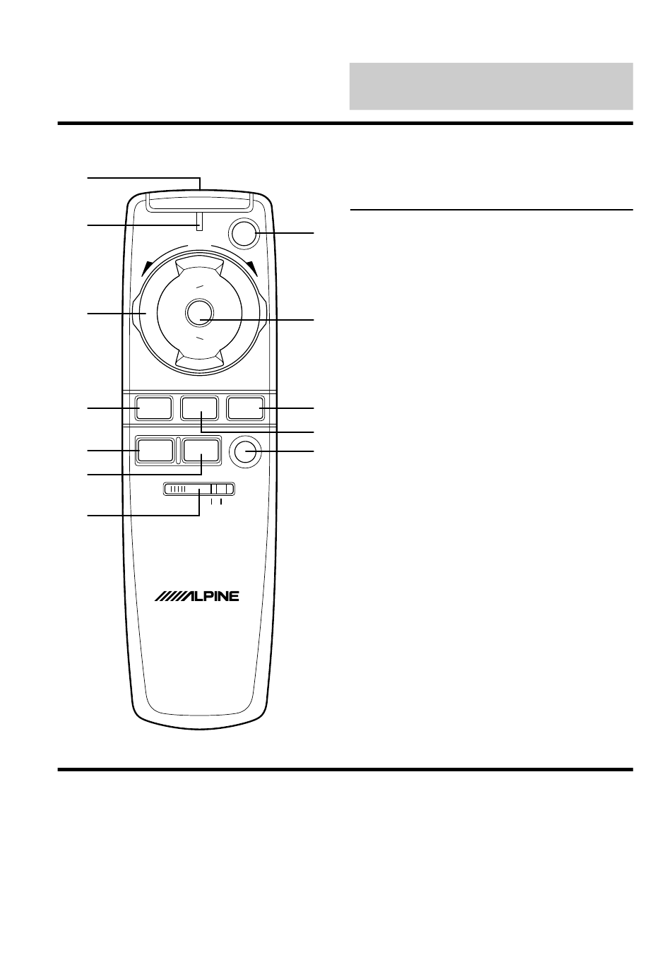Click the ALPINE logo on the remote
pos(196,596)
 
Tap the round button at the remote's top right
pos(244,233)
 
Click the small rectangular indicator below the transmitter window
pos(199,221)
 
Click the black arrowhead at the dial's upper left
pos(147,269)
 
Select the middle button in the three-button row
pos(199,408)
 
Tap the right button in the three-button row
pos(245,408)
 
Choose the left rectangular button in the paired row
pos(155,450)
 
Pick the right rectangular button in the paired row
pos(201,450)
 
